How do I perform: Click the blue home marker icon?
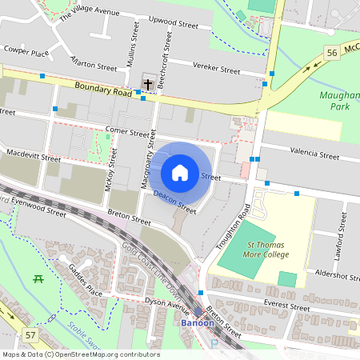pos(180,172)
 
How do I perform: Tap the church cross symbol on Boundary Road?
pos(147,83)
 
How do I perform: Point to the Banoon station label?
pos(197,324)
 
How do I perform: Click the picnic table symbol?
pos(38,278)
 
